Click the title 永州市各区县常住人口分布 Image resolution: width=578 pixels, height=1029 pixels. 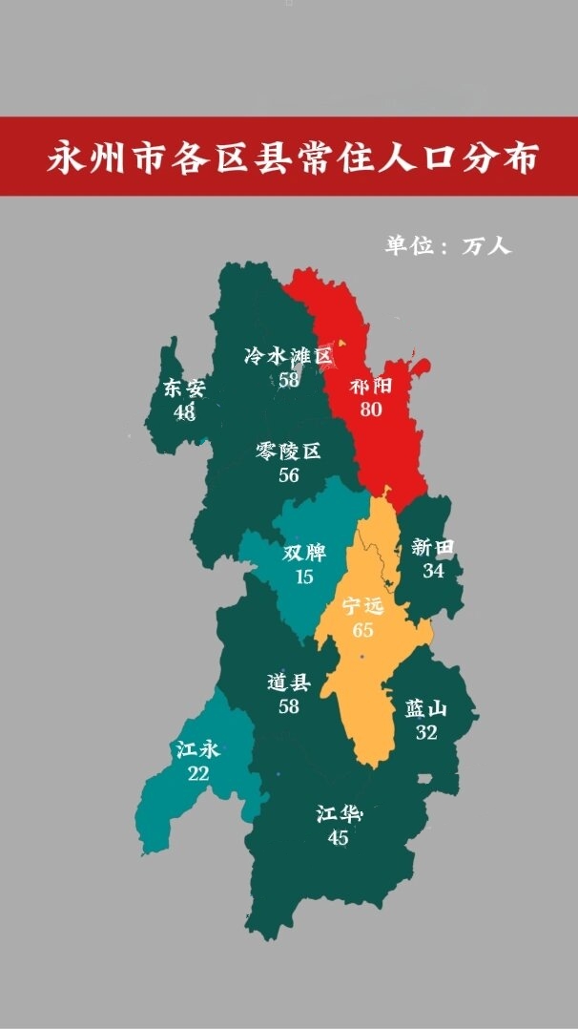tap(292, 157)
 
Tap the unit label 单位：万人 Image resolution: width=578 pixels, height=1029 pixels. tap(448, 245)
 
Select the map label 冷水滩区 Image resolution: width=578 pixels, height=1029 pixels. tap(289, 357)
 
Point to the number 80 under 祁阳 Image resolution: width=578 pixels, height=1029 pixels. tap(371, 409)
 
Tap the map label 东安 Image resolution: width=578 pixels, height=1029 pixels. tap(184, 388)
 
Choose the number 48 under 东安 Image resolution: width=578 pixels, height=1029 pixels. tap(184, 411)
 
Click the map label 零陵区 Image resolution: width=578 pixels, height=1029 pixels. tap(289, 451)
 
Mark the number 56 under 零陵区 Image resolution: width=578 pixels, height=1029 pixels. tap(289, 474)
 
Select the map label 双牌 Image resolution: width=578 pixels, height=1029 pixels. tap(304, 554)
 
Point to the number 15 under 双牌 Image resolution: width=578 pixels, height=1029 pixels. tap(304, 577)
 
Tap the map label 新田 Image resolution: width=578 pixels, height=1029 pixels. tap(433, 547)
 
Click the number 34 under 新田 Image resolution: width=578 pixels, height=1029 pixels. tap(433, 570)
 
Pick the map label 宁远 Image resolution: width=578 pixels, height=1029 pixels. tap(362, 607)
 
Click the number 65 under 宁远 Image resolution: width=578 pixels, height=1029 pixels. tap(362, 630)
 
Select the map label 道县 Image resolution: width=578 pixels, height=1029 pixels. tap(289, 682)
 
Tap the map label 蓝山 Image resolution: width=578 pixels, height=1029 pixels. tap(426, 709)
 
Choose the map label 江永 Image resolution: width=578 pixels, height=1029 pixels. tap(198, 750)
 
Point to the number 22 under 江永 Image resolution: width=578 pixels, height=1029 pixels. tap(198, 773)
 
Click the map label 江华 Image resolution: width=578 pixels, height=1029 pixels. tap(339, 815)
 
